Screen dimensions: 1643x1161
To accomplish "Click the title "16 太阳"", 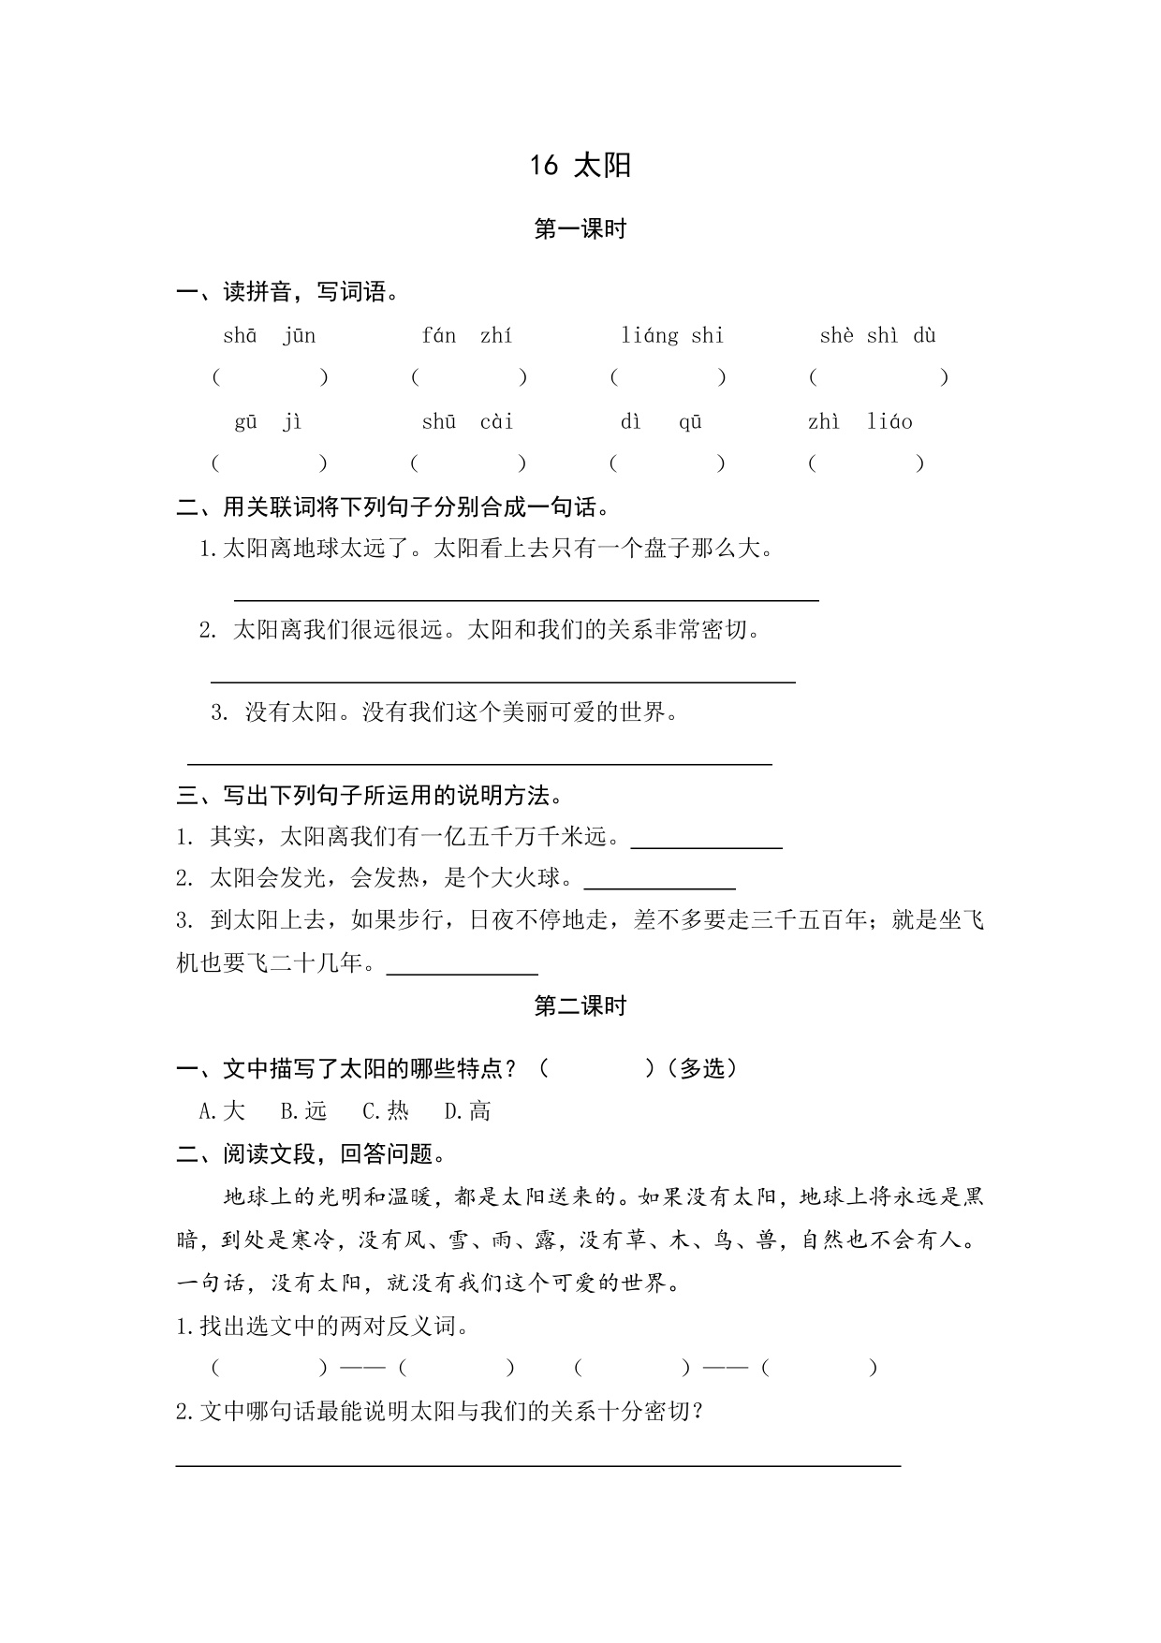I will [580, 166].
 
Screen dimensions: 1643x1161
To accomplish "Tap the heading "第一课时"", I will [580, 229].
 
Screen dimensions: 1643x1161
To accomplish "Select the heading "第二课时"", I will [580, 1006].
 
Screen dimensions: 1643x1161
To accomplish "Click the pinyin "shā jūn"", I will [270, 336].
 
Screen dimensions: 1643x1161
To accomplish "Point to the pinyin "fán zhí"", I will [467, 336].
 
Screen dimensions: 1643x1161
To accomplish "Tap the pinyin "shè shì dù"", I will [877, 336].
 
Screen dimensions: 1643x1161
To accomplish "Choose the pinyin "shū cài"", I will [467, 422].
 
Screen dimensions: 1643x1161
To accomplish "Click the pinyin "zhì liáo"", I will [860, 422].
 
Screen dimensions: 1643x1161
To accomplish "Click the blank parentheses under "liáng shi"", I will [668, 377].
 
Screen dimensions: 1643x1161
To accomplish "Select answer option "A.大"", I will [222, 1111].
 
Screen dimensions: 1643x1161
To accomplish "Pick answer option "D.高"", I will [467, 1111].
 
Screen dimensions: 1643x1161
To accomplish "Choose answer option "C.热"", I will [386, 1111].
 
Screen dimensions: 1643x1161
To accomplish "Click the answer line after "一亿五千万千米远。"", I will [707, 844].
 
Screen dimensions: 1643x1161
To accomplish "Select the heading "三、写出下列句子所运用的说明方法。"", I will [372, 796].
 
